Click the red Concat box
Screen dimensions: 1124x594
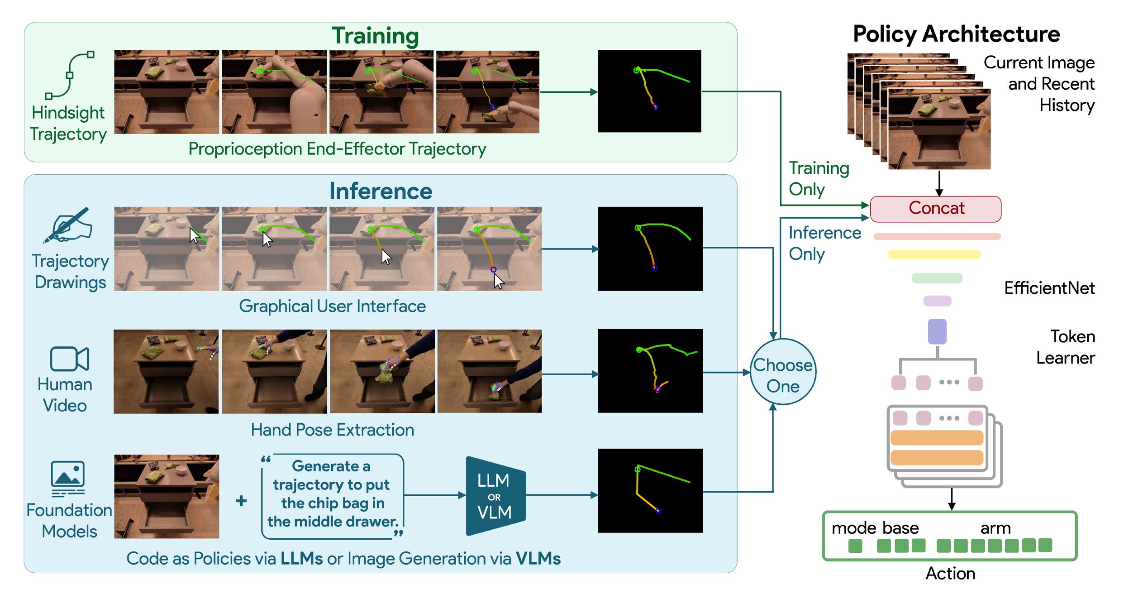935,209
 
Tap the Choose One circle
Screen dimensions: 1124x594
783,371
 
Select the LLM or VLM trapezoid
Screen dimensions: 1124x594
496,496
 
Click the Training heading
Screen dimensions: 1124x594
375,35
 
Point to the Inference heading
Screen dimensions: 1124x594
381,191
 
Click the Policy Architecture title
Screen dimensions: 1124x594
956,34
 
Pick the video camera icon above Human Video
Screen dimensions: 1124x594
69,359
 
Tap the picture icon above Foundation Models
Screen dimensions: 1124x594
68,479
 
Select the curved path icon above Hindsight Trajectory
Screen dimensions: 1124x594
70,75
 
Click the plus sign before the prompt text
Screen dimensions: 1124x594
241,501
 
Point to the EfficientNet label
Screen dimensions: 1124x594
1049,288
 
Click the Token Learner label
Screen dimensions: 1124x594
1066,347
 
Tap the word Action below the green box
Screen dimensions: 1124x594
950,573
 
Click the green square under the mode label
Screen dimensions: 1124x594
855,546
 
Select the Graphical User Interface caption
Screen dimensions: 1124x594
332,306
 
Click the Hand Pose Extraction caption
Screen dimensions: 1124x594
332,430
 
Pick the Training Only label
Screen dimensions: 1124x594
819,178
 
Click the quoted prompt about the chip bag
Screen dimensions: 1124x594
332,494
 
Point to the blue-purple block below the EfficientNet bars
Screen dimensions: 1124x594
937,331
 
